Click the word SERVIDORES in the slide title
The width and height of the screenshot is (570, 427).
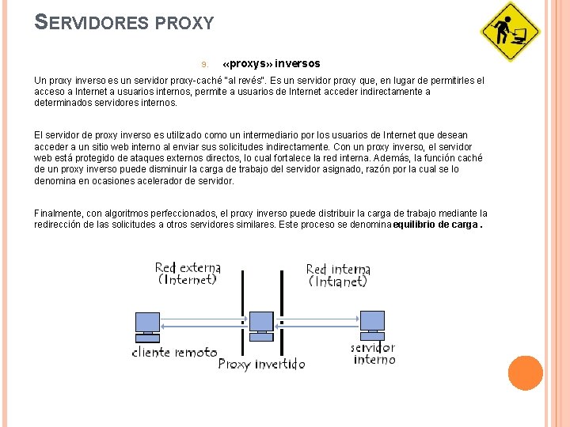(x=92, y=22)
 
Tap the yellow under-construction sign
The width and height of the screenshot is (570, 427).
(x=510, y=32)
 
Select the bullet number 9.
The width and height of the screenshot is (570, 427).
(x=203, y=64)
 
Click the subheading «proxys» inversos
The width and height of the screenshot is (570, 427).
(x=272, y=63)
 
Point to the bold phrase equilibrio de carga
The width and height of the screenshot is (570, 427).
(x=435, y=225)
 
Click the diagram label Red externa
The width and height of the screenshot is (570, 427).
(x=188, y=267)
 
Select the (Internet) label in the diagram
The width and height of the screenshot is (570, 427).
(x=188, y=279)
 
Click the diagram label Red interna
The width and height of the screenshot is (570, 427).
(x=338, y=269)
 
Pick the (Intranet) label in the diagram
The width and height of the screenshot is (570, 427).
(x=338, y=281)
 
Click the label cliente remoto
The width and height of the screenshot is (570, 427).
(x=174, y=353)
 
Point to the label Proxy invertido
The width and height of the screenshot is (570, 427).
(x=261, y=365)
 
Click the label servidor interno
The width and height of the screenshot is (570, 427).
(x=374, y=353)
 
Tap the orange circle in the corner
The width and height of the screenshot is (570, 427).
(x=525, y=373)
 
